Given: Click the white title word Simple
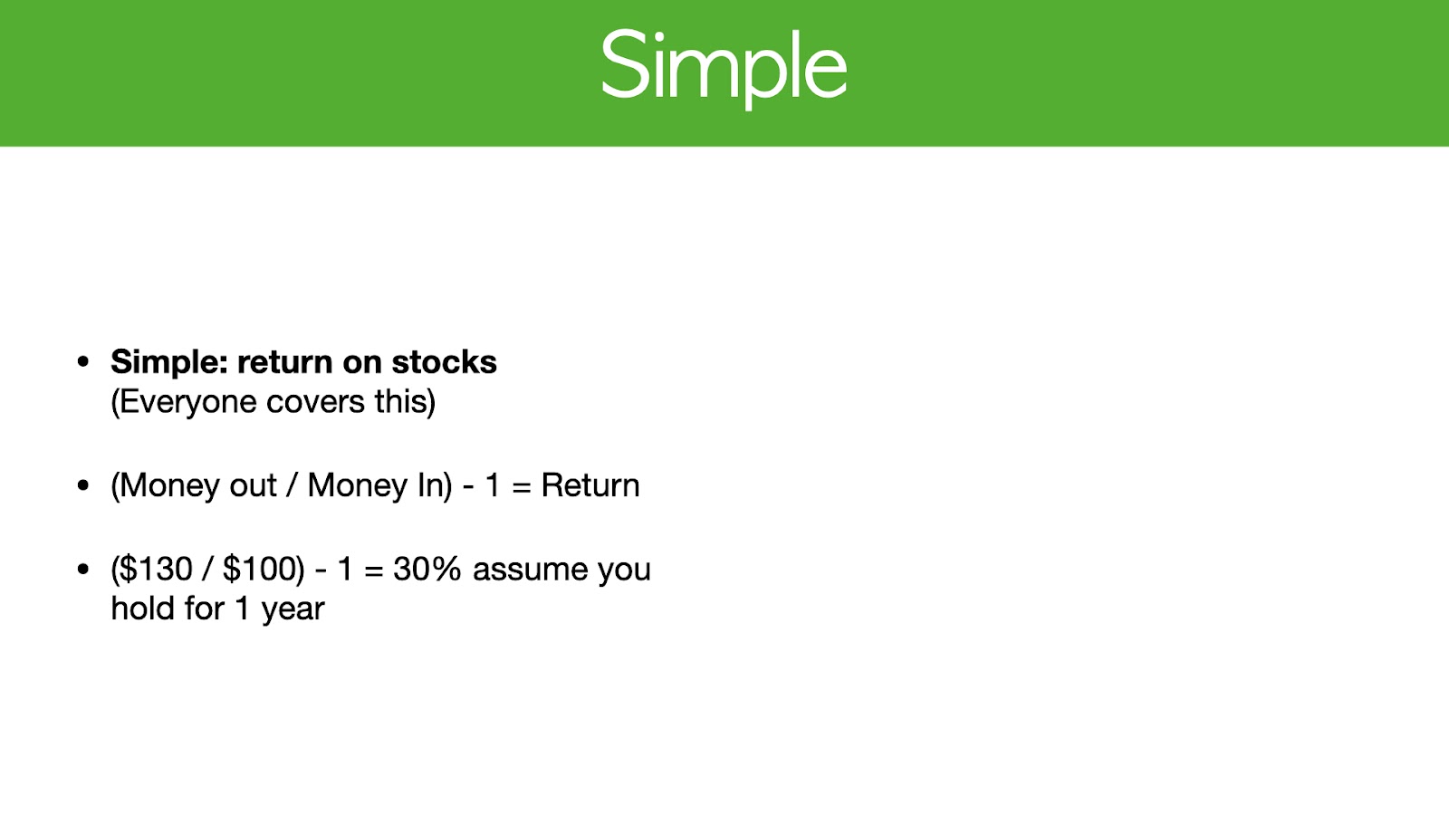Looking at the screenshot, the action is [724, 68].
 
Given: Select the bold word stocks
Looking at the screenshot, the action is [445, 361].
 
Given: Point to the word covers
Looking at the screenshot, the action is [316, 402].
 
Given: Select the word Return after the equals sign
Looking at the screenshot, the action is [590, 485].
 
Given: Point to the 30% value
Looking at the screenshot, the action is [427, 570].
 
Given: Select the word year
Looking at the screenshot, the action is [293, 610].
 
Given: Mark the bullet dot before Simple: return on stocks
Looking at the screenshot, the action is [82, 361].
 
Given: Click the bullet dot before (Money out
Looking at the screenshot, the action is [82, 485].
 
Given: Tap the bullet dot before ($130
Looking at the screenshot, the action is [82, 570].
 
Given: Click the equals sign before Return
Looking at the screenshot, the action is [522, 486].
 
